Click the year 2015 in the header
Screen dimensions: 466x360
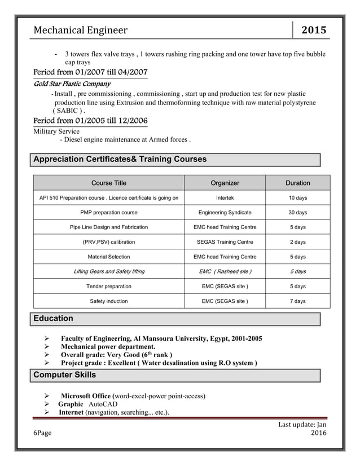click(x=314, y=30)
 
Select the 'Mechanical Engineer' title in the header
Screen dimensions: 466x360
click(x=81, y=30)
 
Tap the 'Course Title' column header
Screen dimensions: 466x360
click(x=109, y=183)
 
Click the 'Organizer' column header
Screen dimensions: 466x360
click(x=225, y=183)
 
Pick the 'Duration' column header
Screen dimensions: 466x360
click(x=297, y=183)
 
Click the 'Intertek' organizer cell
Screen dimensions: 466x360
click(x=225, y=198)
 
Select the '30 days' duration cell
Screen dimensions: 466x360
click(x=297, y=213)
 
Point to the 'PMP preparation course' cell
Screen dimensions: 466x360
click(x=109, y=213)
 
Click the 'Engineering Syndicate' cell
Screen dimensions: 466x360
click(x=225, y=213)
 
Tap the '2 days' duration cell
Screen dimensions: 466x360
click(x=297, y=242)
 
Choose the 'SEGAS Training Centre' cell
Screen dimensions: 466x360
click(x=225, y=242)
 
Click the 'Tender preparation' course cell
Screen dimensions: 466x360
click(x=109, y=287)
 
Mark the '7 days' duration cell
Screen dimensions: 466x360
click(x=297, y=301)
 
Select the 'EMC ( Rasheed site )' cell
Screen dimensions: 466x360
click(x=225, y=271)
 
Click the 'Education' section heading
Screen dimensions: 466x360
click(x=54, y=319)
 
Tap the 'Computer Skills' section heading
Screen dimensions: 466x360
click(x=65, y=375)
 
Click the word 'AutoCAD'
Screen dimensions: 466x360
click(x=103, y=405)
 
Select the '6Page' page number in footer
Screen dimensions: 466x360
click(x=42, y=433)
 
